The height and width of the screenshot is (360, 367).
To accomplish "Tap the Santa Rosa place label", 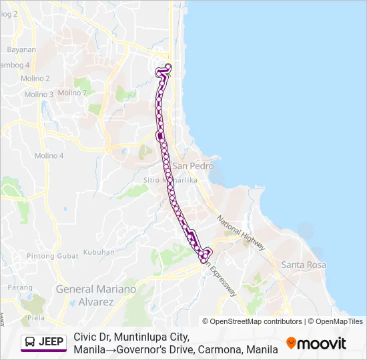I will (x=304, y=265).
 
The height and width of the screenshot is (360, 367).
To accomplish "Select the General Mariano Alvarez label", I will (x=96, y=295).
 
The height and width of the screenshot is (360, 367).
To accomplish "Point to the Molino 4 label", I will (x=49, y=155).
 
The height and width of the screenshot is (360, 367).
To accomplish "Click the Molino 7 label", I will (x=72, y=93).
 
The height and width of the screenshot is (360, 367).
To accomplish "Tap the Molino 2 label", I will (x=37, y=79).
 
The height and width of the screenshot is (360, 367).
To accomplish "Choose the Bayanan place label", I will (x=21, y=50).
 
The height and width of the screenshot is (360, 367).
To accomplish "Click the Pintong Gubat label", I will (x=49, y=257).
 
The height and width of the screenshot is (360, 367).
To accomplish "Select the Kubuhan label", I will (x=99, y=253).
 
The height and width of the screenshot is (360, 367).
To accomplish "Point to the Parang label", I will (x=20, y=287).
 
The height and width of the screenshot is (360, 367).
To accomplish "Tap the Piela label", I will (x=35, y=318).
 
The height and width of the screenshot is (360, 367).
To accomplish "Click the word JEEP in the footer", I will (x=51, y=343).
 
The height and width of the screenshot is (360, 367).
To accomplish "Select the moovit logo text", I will (x=322, y=343).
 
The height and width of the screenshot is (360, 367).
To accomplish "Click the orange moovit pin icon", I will (x=291, y=343).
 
